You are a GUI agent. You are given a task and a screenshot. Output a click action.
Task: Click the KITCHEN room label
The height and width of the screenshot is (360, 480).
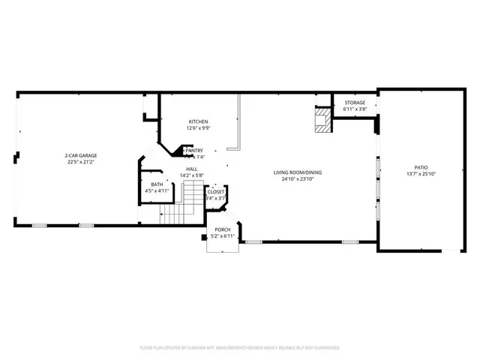[x=198, y=121]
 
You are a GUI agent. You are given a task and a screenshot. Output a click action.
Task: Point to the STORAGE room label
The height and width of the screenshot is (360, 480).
[x=355, y=103]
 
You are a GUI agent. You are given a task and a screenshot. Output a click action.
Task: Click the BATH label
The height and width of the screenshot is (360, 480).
[x=157, y=184]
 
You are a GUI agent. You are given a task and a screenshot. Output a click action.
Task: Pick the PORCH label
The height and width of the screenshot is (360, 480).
[x=222, y=229]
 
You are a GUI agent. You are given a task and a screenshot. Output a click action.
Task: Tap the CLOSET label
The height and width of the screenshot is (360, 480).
[x=216, y=192]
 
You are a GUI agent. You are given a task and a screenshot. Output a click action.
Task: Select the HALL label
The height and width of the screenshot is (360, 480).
[x=192, y=169]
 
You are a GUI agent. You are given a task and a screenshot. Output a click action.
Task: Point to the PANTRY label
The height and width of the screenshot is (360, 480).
[x=194, y=150]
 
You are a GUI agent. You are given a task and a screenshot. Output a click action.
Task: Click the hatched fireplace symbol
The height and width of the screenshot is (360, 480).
[x=322, y=120]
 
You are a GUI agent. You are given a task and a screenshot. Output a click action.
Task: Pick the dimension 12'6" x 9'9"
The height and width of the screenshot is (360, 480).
[x=198, y=127]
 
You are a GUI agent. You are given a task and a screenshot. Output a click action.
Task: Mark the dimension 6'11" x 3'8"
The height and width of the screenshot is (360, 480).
[x=355, y=109]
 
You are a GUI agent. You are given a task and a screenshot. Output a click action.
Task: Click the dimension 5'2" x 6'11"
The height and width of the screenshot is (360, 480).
[x=223, y=235]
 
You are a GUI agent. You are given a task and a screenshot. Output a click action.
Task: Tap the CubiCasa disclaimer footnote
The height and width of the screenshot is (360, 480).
[x=240, y=347]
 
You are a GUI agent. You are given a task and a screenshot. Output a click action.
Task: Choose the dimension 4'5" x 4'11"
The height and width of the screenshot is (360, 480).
[x=157, y=190]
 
